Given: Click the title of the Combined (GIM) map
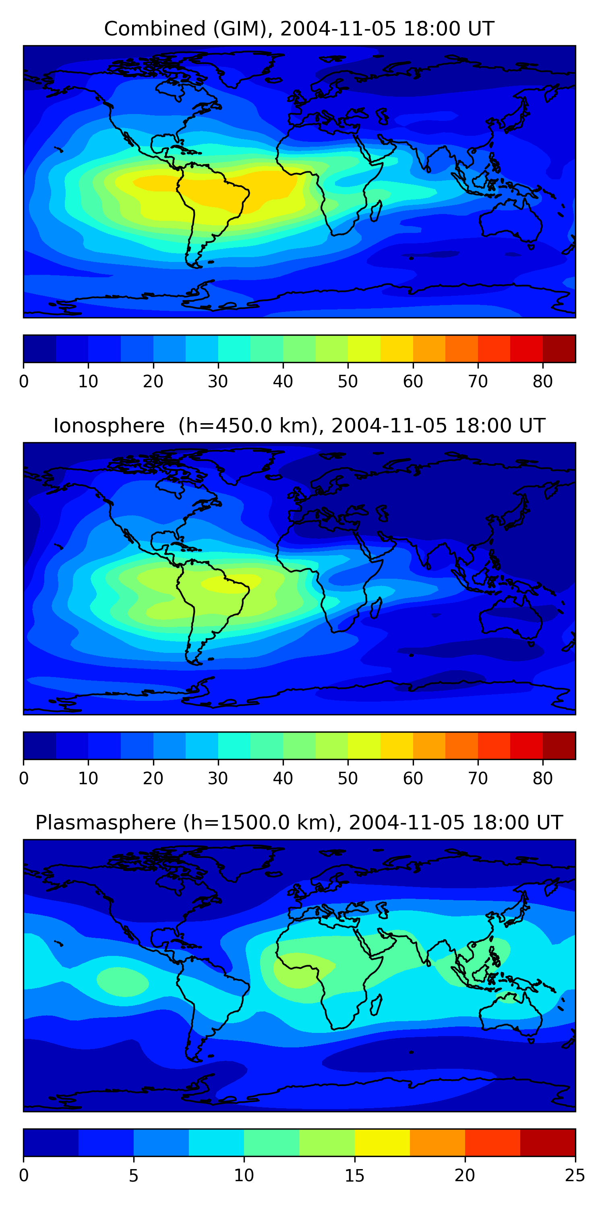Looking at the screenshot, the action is tap(299, 29).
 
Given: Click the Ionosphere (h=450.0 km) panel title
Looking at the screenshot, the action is tap(299, 426).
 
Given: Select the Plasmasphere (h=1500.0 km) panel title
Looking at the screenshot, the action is tap(299, 823).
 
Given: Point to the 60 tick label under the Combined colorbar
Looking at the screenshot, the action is tap(413, 382).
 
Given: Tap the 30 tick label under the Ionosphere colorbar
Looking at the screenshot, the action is tap(218, 779).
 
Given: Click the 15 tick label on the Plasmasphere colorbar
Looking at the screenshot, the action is tap(354, 1176).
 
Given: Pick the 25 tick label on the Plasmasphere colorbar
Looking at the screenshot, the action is tap(575, 1176).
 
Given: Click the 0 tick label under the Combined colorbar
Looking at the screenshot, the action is tap(24, 382).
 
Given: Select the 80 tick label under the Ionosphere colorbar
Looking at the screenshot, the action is tap(542, 779).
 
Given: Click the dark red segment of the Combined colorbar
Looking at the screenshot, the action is tap(559, 349).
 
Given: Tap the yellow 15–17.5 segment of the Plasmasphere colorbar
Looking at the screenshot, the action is tap(382, 1143).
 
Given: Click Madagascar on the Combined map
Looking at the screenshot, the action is tap(376, 211).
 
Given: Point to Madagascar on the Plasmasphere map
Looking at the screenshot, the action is tap(376, 1005).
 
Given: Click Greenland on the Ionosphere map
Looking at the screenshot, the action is tap(244, 467).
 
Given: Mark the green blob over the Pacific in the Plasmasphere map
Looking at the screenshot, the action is tap(123, 981).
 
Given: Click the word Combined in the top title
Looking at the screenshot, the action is tap(155, 29).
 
